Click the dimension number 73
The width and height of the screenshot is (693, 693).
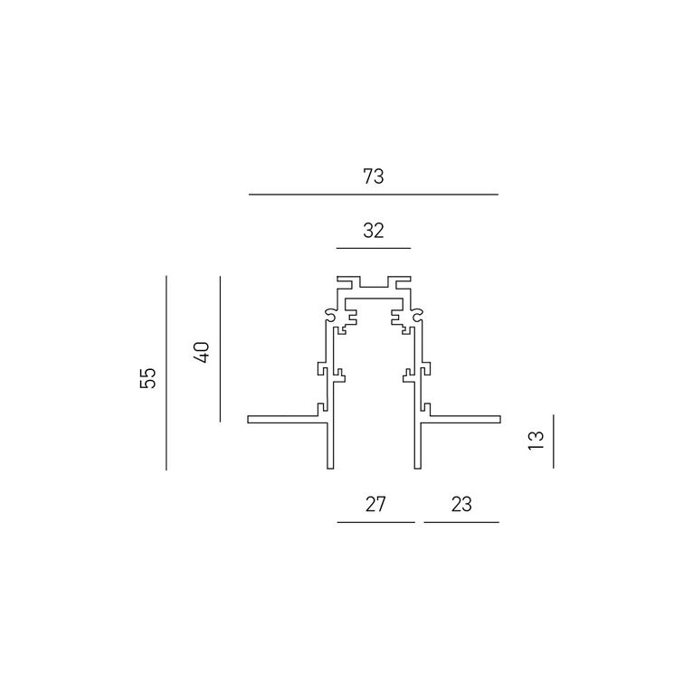click(x=374, y=176)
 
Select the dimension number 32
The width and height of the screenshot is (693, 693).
click(x=374, y=231)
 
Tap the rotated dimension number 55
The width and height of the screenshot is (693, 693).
click(x=148, y=378)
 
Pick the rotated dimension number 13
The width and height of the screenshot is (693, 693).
click(x=536, y=440)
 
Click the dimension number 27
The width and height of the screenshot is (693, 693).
click(x=375, y=504)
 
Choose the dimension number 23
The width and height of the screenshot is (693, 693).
click(x=461, y=504)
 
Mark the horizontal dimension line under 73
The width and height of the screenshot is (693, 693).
click(x=374, y=195)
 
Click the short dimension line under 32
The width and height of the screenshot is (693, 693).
click(x=374, y=249)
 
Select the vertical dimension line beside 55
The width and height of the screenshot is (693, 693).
click(x=166, y=373)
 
